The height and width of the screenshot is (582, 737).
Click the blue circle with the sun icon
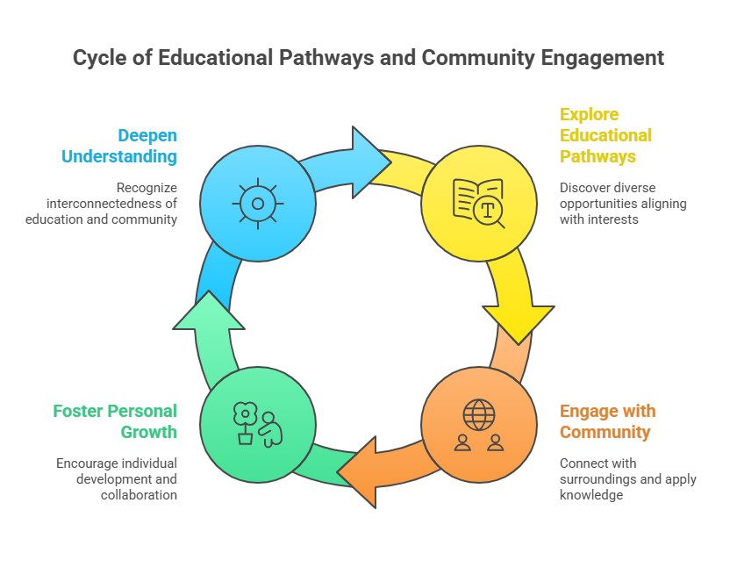pyautogui.click(x=258, y=203)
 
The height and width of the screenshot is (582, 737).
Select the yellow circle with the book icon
pyautogui.click(x=478, y=203)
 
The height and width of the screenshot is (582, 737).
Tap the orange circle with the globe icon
pyautogui.click(x=478, y=424)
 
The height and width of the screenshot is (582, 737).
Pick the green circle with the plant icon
pyautogui.click(x=258, y=424)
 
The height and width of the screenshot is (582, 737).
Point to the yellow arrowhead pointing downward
pyautogui.click(x=519, y=321)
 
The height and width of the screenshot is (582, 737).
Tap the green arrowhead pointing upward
pyautogui.click(x=209, y=312)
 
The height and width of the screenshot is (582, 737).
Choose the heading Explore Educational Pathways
pyautogui.click(x=605, y=135)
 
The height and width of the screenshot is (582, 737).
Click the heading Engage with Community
pyautogui.click(x=607, y=421)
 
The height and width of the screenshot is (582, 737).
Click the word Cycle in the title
pyautogui.click(x=99, y=59)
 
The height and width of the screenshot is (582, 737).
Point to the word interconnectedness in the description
pyautogui.click(x=105, y=203)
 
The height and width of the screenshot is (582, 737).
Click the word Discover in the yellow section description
pyautogui.click(x=584, y=187)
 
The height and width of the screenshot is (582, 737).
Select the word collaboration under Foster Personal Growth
pyautogui.click(x=140, y=495)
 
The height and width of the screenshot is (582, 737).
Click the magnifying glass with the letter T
pyautogui.click(x=488, y=210)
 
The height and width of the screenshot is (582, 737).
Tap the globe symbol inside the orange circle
pyautogui.click(x=478, y=413)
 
